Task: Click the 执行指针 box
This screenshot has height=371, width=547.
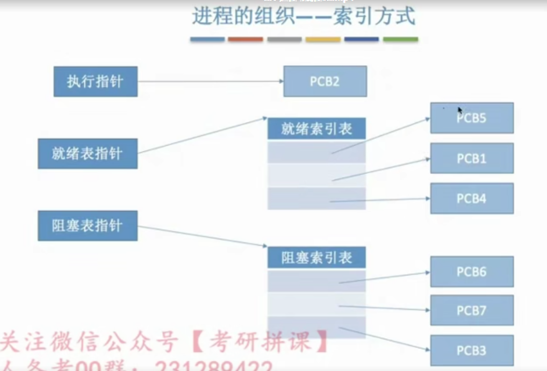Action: click(x=95, y=82)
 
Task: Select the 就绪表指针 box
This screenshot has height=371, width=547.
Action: click(x=87, y=154)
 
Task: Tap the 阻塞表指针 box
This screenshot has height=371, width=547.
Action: click(x=87, y=226)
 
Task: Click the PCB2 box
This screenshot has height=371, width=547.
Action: click(x=325, y=81)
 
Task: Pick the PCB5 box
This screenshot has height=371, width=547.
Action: click(x=472, y=119)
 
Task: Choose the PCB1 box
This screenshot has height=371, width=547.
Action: click(x=472, y=158)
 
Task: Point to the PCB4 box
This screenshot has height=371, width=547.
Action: click(x=472, y=198)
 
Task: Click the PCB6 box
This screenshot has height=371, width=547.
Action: click(x=472, y=272)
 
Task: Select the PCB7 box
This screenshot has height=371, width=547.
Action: click(x=472, y=310)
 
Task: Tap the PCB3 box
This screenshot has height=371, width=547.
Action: click(x=472, y=350)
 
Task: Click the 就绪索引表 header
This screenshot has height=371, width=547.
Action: click(x=316, y=129)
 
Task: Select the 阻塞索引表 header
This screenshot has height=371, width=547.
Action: click(x=316, y=258)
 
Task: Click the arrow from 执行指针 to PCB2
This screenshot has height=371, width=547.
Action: click(x=209, y=82)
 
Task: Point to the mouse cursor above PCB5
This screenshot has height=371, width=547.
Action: click(x=460, y=110)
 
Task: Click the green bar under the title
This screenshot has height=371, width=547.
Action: click(x=400, y=39)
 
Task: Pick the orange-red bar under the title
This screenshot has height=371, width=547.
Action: click(x=245, y=39)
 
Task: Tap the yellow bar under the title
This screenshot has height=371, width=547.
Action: click(x=323, y=39)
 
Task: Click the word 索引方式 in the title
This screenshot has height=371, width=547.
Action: click(x=374, y=17)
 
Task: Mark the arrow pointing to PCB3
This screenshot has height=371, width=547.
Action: click(x=384, y=339)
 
